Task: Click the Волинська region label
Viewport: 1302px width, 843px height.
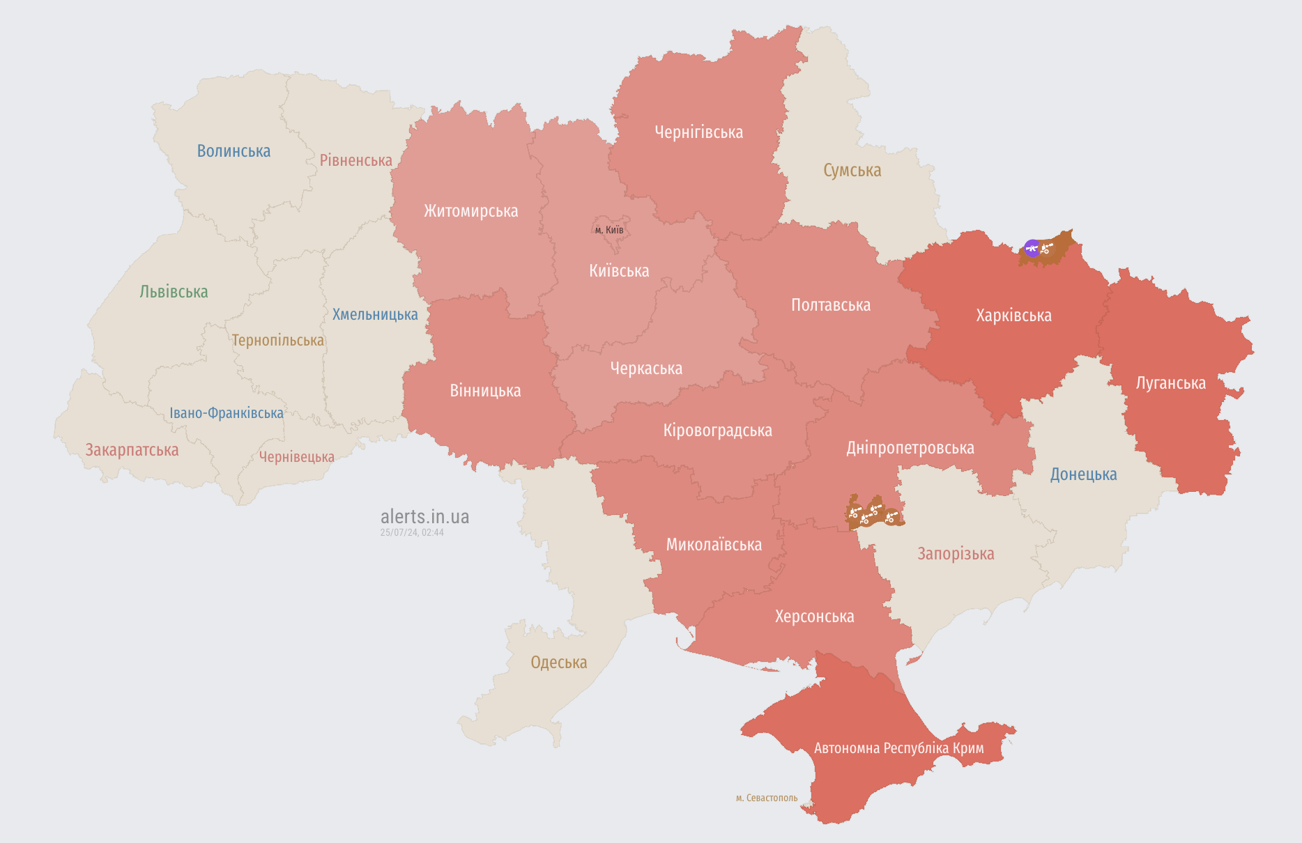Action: pyautogui.click(x=233, y=151)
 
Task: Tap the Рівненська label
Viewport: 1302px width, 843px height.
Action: pyautogui.click(x=355, y=160)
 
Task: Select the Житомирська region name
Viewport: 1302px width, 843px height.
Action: pyautogui.click(x=470, y=211)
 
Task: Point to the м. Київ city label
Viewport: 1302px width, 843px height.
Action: pyautogui.click(x=609, y=230)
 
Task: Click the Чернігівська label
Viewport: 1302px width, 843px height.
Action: pyautogui.click(x=698, y=132)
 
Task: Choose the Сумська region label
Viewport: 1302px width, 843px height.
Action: pyautogui.click(x=852, y=171)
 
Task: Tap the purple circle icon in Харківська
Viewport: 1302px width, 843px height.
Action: pyautogui.click(x=1032, y=248)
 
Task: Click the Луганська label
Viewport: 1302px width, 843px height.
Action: pyautogui.click(x=1170, y=383)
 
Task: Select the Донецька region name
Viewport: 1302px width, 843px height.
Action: pyautogui.click(x=1083, y=474)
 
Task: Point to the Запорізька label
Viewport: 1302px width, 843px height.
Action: pyautogui.click(x=956, y=554)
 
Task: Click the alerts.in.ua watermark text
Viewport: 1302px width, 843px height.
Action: pyautogui.click(x=424, y=517)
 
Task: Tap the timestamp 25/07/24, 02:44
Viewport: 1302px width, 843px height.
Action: pyautogui.click(x=412, y=532)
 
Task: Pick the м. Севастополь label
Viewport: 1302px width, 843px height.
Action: pyautogui.click(x=766, y=798)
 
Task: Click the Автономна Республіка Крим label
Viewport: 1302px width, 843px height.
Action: pyautogui.click(x=898, y=748)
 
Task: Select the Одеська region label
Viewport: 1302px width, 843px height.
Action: pyautogui.click(x=558, y=663)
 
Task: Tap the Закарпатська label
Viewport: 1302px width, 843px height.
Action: pyautogui.click(x=132, y=450)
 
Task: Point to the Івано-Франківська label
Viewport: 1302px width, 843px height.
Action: pyautogui.click(x=227, y=413)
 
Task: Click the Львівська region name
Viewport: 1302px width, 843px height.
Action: pyautogui.click(x=174, y=292)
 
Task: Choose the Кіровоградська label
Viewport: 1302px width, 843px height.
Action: pyautogui.click(x=717, y=431)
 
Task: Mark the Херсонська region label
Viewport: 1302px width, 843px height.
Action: pyautogui.click(x=814, y=617)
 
